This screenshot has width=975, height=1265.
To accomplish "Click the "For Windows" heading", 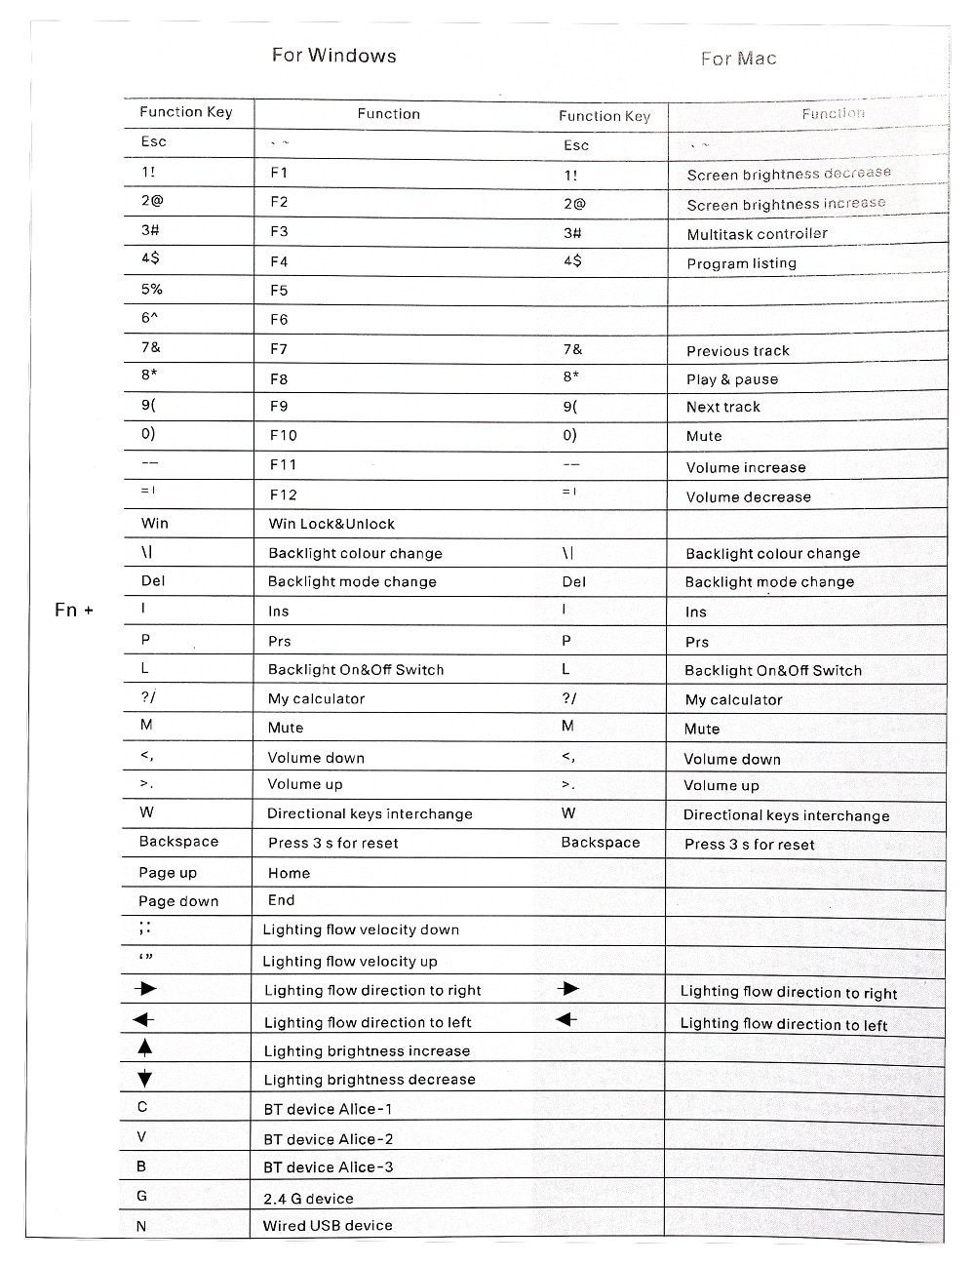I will click(x=333, y=56).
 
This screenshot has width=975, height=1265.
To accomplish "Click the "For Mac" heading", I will click(x=738, y=59).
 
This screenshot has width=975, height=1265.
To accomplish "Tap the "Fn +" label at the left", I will click(x=74, y=611).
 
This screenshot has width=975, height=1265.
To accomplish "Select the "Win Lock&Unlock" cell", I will click(x=331, y=524).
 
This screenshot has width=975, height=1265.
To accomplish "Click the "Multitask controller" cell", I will click(x=757, y=234).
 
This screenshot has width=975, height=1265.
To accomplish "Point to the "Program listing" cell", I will click(x=741, y=263).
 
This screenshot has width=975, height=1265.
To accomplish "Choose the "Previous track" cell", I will click(x=737, y=351).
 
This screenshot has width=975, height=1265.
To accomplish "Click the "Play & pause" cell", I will click(x=731, y=379).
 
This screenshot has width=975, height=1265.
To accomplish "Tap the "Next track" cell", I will click(x=722, y=407).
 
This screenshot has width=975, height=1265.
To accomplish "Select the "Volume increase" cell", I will click(x=745, y=467).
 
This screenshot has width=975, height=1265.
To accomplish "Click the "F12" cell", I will click(x=283, y=494).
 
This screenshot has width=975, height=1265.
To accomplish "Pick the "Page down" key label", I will click(x=178, y=901).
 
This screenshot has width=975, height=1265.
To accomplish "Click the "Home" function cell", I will click(x=289, y=873).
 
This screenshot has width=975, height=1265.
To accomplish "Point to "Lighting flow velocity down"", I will click(x=361, y=929).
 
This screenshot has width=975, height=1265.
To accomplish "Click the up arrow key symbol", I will click(x=145, y=1048).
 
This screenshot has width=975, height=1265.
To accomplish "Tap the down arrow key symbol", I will click(x=145, y=1078).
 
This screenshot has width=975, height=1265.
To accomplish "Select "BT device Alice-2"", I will click(x=329, y=1138).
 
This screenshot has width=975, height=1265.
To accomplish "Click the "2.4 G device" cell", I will click(x=308, y=1199).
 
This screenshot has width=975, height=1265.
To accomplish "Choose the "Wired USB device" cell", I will click(x=328, y=1225).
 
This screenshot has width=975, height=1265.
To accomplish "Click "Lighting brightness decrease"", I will click(x=370, y=1080).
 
